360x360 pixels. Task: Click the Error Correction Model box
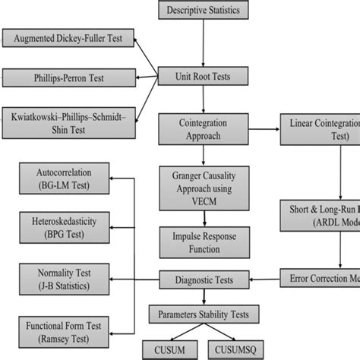(x=319, y=278)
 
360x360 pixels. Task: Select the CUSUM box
(x=174, y=349)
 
